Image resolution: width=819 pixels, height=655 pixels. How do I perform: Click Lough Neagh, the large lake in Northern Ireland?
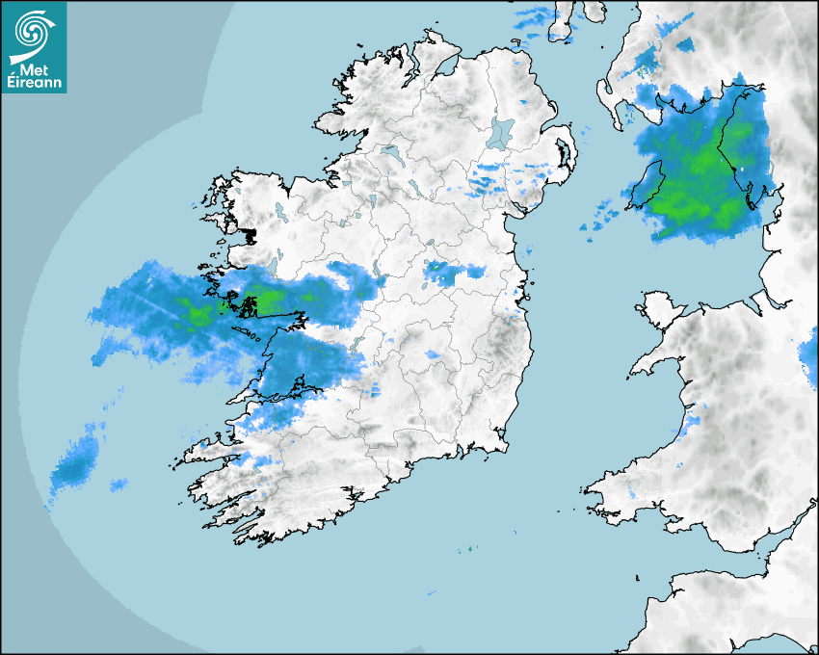501,132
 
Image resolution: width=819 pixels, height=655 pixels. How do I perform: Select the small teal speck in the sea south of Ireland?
470,549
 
